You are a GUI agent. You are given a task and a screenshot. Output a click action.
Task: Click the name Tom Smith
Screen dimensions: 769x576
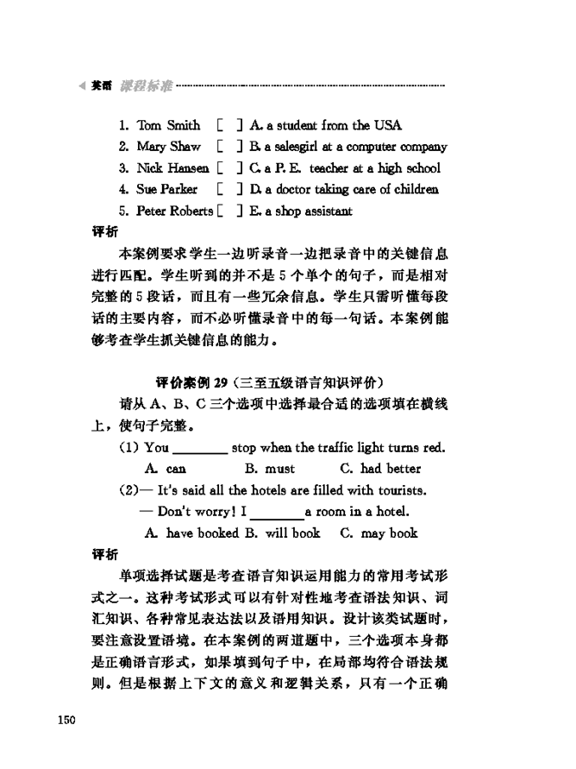point(168,126)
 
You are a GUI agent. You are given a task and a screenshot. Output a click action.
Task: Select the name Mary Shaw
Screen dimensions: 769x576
point(168,148)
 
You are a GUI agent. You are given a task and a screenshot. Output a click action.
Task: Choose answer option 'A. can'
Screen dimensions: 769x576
point(166,470)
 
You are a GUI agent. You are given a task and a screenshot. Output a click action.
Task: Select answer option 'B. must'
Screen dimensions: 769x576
point(269,470)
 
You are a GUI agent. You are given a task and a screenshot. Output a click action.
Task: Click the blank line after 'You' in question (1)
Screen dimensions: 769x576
point(200,451)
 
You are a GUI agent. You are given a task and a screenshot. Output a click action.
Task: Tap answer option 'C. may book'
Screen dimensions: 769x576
point(379,533)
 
